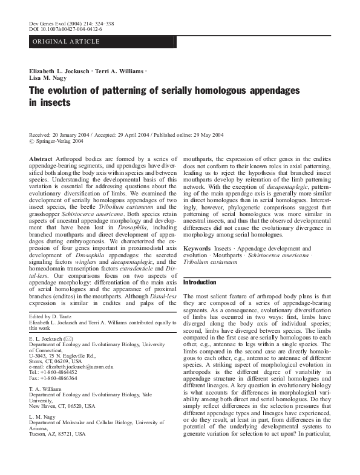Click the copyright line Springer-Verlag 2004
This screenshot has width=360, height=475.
60,141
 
